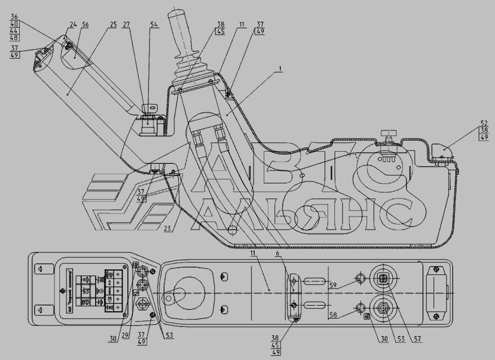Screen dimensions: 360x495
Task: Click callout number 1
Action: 281,69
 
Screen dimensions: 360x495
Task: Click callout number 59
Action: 333,285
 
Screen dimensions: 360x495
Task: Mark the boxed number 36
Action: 14,16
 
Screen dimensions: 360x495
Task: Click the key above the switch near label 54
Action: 148,108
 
